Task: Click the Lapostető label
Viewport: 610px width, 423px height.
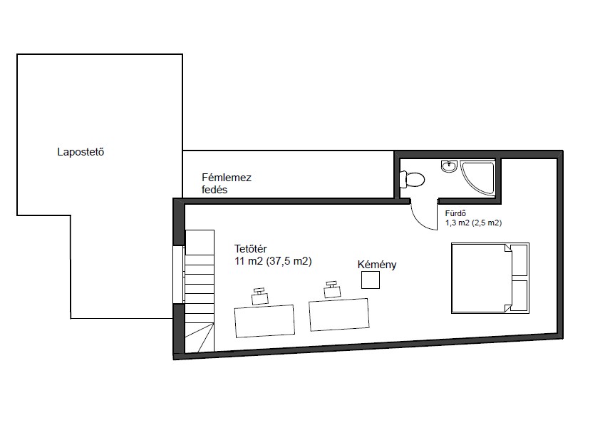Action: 81,152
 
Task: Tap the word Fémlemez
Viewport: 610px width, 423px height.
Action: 227,178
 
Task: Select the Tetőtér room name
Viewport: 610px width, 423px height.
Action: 251,248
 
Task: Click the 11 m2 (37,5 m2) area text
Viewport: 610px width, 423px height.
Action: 273,261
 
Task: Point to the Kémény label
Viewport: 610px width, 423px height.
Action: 377,265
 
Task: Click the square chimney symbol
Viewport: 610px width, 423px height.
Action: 371,280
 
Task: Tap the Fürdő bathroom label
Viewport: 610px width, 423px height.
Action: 455,213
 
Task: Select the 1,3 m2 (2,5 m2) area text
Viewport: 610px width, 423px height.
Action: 473,223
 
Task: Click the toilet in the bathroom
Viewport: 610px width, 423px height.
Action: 412,180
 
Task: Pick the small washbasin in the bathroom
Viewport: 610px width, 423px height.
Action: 449,166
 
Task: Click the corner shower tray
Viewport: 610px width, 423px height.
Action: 478,178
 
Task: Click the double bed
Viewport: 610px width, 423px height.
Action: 490,278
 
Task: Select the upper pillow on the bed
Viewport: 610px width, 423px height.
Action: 519,260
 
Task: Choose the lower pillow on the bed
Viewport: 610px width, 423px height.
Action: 519,296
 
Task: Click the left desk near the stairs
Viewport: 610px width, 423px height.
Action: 264,321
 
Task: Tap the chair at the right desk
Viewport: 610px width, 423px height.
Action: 332,290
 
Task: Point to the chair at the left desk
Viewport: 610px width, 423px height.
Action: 260,297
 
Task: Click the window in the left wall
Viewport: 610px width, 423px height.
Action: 178,274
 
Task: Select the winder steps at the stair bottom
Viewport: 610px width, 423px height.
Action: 200,337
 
